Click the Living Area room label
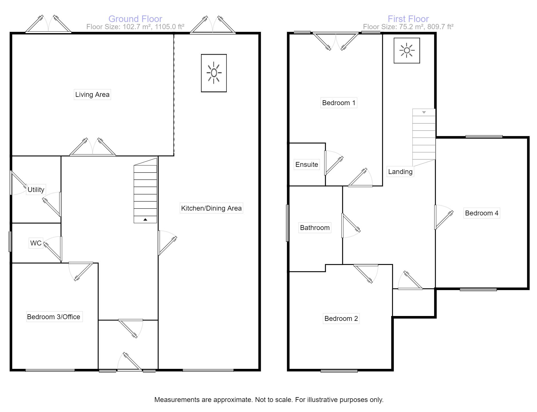coord(92,95)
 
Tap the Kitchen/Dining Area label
coord(211,208)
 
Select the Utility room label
coord(36,190)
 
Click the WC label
coord(36,243)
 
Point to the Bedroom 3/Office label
coord(54,317)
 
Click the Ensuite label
coord(307,165)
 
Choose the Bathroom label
coord(315,228)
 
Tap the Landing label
coord(400,172)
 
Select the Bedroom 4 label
coord(482,213)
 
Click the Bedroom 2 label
coord(341,319)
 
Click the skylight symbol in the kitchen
coord(214,73)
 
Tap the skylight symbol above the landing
coord(407,51)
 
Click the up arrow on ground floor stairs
coord(145,219)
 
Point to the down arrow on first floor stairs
coord(424,112)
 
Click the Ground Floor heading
coord(135,19)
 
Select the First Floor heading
coord(408,19)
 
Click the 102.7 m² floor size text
coord(135,27)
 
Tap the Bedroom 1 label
coord(339,103)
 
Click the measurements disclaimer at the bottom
coord(268,400)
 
